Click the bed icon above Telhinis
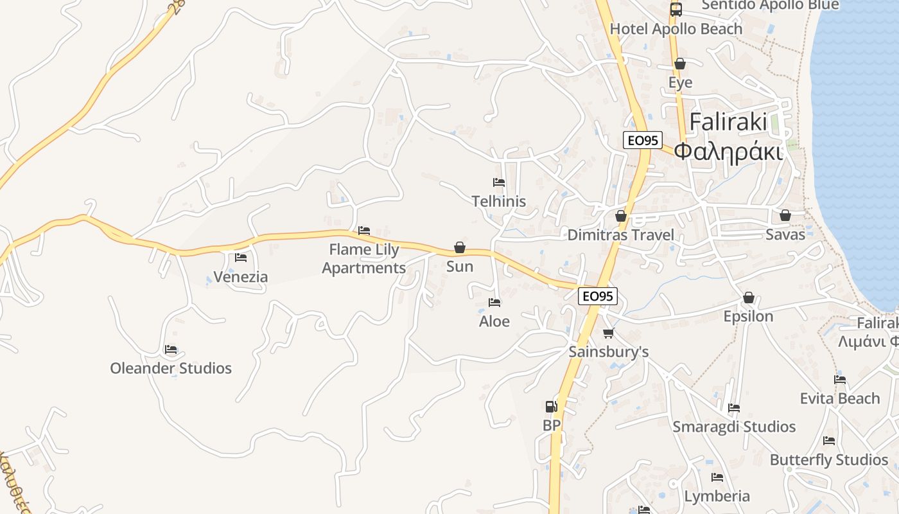[x=499, y=182]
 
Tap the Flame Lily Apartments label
[x=364, y=258]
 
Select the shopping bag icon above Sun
[x=460, y=247]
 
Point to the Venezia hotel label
[x=241, y=277]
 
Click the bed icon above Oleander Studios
[x=171, y=350]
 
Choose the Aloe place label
[x=494, y=321]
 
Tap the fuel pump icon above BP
[x=551, y=406]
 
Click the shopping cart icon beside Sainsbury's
[x=609, y=333]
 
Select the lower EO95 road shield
[x=598, y=296]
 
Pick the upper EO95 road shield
[x=643, y=140]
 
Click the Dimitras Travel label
[x=621, y=235]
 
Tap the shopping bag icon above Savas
[x=785, y=215]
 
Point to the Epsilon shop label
[x=749, y=316]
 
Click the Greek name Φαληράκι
[x=729, y=152]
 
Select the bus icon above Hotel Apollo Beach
[x=676, y=10]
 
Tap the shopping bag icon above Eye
[x=680, y=64]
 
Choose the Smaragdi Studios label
[x=734, y=427]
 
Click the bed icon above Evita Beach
[x=840, y=380]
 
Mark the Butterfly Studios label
[x=829, y=460]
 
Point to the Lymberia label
[x=717, y=496]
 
